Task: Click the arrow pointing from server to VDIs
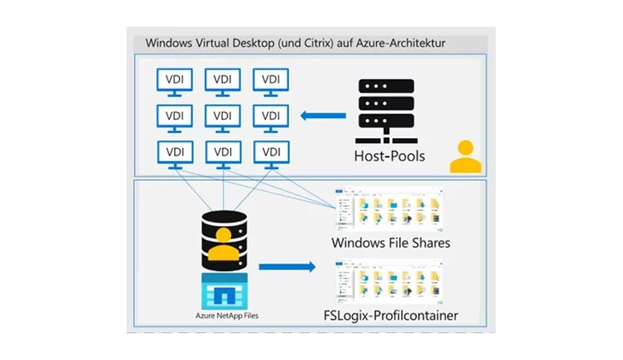[322, 116]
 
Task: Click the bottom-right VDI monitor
[270, 154]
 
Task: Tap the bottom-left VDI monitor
[174, 154]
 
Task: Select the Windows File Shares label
[391, 243]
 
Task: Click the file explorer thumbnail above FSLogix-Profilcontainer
[389, 282]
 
